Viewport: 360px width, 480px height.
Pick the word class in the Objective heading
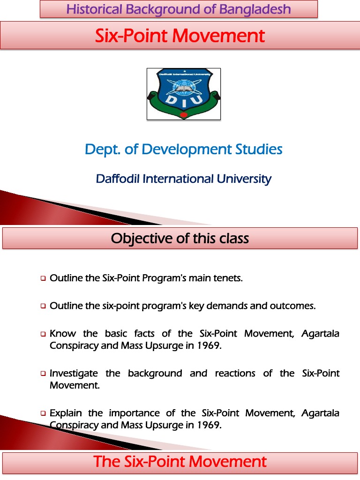234,239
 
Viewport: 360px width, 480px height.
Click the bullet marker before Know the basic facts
43,334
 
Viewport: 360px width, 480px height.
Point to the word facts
144,334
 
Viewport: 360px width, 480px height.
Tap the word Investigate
74,373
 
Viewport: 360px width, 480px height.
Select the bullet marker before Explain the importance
43,413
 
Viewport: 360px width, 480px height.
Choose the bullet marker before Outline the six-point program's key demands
43,307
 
